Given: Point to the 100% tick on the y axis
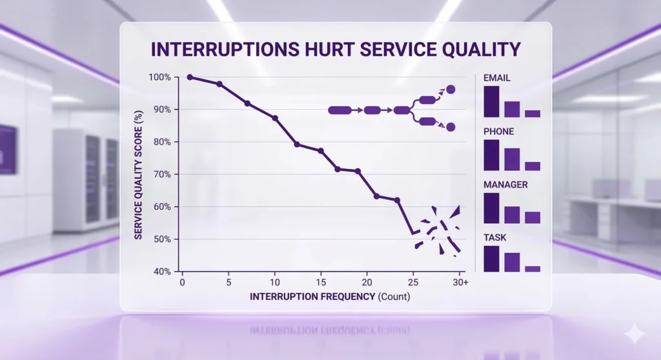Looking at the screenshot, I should [x=160, y=77].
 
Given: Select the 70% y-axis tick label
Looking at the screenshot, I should [x=160, y=174].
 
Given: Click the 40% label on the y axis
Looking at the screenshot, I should [x=160, y=272].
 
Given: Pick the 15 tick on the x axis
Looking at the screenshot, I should [x=321, y=283].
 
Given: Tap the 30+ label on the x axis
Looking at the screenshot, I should [x=460, y=283].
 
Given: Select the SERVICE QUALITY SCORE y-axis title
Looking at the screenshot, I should [x=139, y=174].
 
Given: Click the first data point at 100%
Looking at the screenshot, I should [x=190, y=77].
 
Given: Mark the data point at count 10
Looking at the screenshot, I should [x=275, y=119].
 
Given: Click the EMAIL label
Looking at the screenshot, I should [x=497, y=78].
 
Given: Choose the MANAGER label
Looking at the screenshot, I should [x=505, y=185].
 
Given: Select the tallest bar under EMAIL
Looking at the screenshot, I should [x=491, y=101].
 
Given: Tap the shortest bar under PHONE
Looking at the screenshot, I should [x=533, y=166].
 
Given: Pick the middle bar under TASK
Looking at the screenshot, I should [x=512, y=262].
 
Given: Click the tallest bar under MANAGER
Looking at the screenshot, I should [x=491, y=208].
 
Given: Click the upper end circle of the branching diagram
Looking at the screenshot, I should [x=451, y=90].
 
